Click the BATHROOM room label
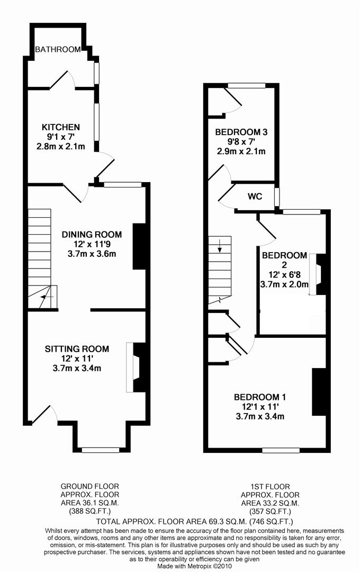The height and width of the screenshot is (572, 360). click(x=58, y=50)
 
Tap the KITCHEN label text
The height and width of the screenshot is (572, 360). click(x=61, y=127)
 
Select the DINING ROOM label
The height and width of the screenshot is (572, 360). click(x=92, y=234)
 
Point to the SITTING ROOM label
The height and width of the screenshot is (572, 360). click(x=77, y=348)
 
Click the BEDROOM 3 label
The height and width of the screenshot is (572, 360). click(x=241, y=132)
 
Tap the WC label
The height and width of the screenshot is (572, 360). click(x=255, y=196)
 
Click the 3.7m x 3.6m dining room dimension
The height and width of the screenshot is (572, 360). click(x=92, y=254)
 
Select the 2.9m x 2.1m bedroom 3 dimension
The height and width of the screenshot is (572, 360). click(x=241, y=151)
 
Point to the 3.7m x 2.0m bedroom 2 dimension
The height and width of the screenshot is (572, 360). click(x=284, y=284)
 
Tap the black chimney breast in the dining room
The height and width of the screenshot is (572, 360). click(x=139, y=246)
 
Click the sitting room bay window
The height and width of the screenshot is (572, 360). click(x=100, y=450)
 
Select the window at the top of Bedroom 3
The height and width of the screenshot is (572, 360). click(x=246, y=85)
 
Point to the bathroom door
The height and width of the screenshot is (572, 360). click(x=62, y=80)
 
